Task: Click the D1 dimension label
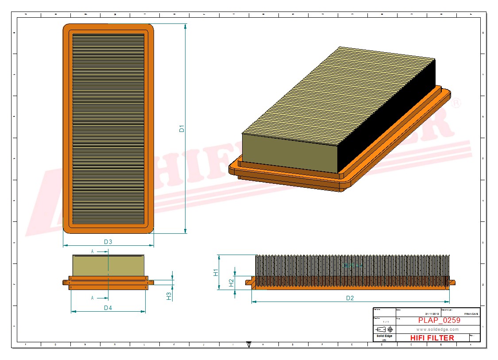tap(181, 129)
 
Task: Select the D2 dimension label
tap(350, 298)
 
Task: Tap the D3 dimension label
tap(108, 242)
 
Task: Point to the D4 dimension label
tap(108, 308)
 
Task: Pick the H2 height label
tap(231, 283)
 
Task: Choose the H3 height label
tap(169, 296)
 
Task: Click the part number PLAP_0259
tap(439, 321)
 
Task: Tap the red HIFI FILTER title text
tap(432, 338)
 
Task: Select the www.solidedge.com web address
tap(437, 329)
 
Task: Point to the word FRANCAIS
tap(471, 314)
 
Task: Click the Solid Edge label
tap(384, 336)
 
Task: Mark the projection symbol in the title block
tap(384, 329)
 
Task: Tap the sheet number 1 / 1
tap(386, 321)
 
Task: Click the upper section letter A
tap(93, 251)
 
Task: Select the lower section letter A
tap(93, 298)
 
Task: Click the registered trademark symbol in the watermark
tap(456, 103)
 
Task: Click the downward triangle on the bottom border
tap(249, 344)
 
